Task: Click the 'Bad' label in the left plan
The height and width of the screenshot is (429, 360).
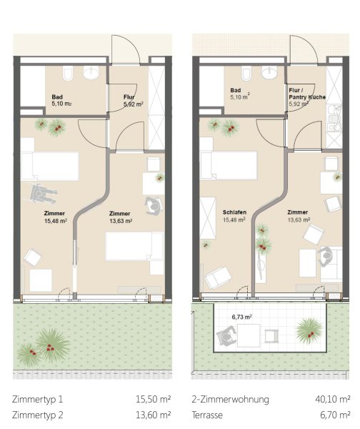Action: point(57,97)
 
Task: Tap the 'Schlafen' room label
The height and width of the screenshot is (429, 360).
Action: point(234,212)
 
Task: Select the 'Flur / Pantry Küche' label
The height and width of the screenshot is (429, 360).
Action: point(307,94)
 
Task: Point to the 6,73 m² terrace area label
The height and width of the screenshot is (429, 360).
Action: point(241,317)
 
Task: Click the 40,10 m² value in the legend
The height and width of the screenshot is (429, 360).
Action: point(332,399)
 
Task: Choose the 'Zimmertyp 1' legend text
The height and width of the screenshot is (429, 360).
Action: point(37,399)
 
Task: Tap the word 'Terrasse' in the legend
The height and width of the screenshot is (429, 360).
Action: point(207,415)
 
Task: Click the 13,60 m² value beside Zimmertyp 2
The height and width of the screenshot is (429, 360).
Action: point(153,415)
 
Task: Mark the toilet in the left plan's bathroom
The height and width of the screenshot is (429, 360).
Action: point(68,74)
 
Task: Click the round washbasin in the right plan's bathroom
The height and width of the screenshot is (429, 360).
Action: point(269,72)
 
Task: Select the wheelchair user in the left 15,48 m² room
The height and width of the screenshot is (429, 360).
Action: point(43,194)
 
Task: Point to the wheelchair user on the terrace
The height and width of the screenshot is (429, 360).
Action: point(226,336)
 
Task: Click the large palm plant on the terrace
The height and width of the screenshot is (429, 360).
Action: point(309,331)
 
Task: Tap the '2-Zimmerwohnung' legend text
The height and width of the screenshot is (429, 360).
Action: point(230,399)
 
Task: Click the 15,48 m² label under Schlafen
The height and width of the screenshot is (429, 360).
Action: point(234,220)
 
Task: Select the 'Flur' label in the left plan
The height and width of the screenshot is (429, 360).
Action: point(129,97)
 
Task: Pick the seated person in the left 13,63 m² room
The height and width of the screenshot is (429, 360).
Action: point(154,205)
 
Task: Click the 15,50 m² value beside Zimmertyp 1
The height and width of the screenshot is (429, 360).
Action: point(153,399)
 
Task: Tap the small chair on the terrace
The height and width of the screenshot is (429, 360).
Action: point(271,336)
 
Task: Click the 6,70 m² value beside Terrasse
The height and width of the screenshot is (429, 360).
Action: point(335,415)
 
